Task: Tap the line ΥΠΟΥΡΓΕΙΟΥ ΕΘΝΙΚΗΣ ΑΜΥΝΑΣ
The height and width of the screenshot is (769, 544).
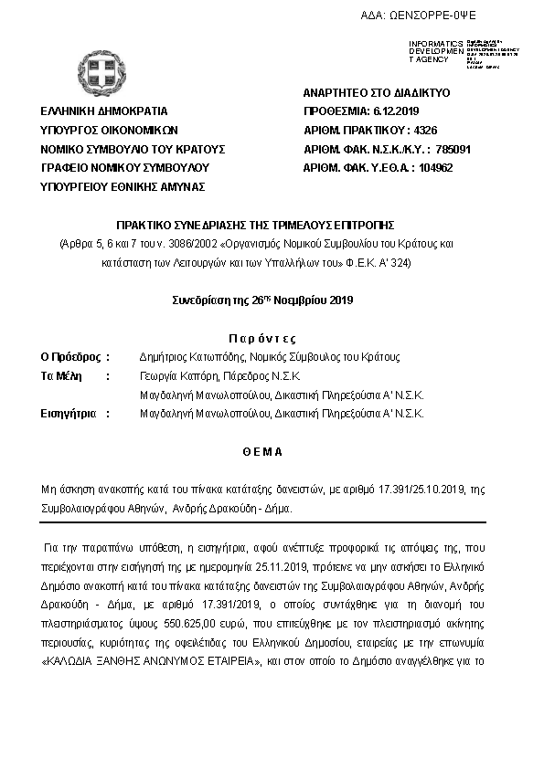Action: (x=123, y=186)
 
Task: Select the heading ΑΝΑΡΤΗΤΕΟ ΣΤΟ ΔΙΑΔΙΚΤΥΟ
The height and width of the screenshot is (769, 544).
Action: (x=376, y=93)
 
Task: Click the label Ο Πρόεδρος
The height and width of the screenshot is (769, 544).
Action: (x=70, y=357)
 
